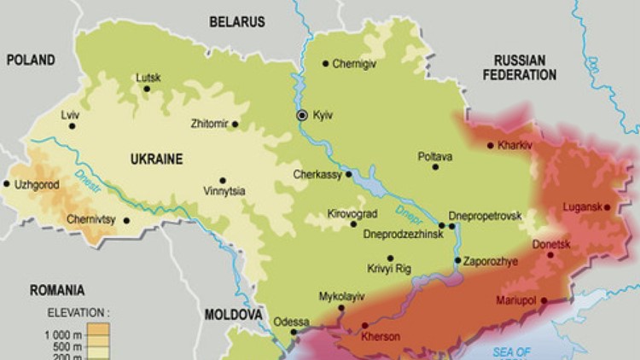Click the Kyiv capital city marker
[x=301, y=114]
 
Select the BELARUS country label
[x=236, y=22]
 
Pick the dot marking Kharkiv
[x=491, y=145]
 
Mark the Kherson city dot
[x=365, y=325]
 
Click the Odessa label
[x=288, y=322]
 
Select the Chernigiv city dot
[x=325, y=63]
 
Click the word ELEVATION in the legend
[x=71, y=312]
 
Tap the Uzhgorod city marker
[x=7, y=183]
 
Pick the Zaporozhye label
[x=492, y=261]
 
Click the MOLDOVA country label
[x=232, y=315]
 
